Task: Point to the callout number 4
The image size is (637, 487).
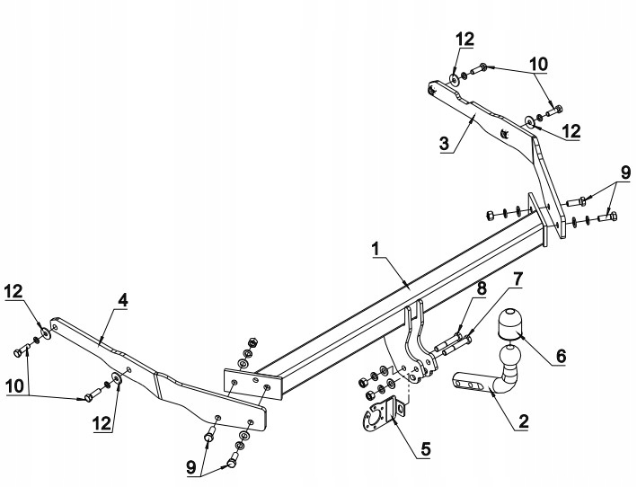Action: point(120,300)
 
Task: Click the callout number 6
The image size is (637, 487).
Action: point(560,356)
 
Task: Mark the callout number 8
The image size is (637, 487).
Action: point(482,288)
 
